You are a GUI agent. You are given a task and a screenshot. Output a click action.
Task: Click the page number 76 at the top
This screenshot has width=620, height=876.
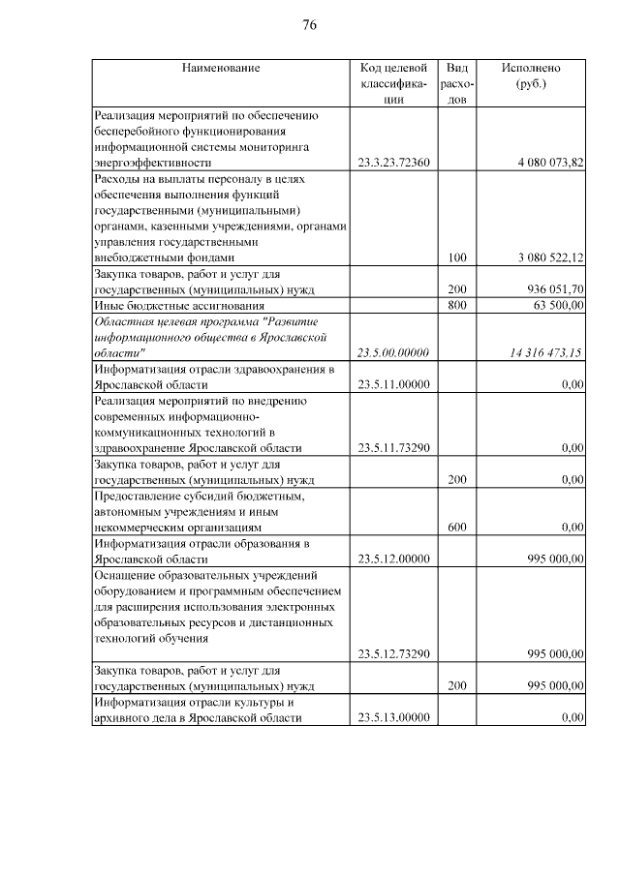[x=309, y=25]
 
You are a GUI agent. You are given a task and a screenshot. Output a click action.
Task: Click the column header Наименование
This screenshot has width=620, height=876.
[x=220, y=68]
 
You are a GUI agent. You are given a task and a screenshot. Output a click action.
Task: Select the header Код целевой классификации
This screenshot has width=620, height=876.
[x=392, y=83]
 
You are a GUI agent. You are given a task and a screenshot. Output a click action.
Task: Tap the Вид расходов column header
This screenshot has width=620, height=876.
[x=457, y=83]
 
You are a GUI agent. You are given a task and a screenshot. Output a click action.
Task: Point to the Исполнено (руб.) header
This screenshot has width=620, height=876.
[x=530, y=76]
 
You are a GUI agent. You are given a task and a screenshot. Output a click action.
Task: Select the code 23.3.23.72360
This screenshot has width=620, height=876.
[x=393, y=163]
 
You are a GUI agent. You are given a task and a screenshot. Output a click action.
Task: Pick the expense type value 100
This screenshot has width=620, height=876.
[x=457, y=258]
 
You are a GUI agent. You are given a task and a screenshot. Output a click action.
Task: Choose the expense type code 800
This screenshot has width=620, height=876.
[x=457, y=306]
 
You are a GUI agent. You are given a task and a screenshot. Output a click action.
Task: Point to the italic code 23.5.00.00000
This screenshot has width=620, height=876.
[x=393, y=353]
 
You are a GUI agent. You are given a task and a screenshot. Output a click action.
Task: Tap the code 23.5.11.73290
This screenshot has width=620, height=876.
[x=393, y=448]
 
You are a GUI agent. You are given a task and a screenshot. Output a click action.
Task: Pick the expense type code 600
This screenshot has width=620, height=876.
[x=457, y=528]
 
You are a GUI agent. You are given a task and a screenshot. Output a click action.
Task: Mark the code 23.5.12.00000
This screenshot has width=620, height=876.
[x=393, y=559]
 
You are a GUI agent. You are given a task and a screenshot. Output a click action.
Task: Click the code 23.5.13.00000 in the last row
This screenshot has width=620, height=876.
[x=393, y=717]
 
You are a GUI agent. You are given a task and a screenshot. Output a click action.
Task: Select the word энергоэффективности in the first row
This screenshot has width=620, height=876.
[x=152, y=163]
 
